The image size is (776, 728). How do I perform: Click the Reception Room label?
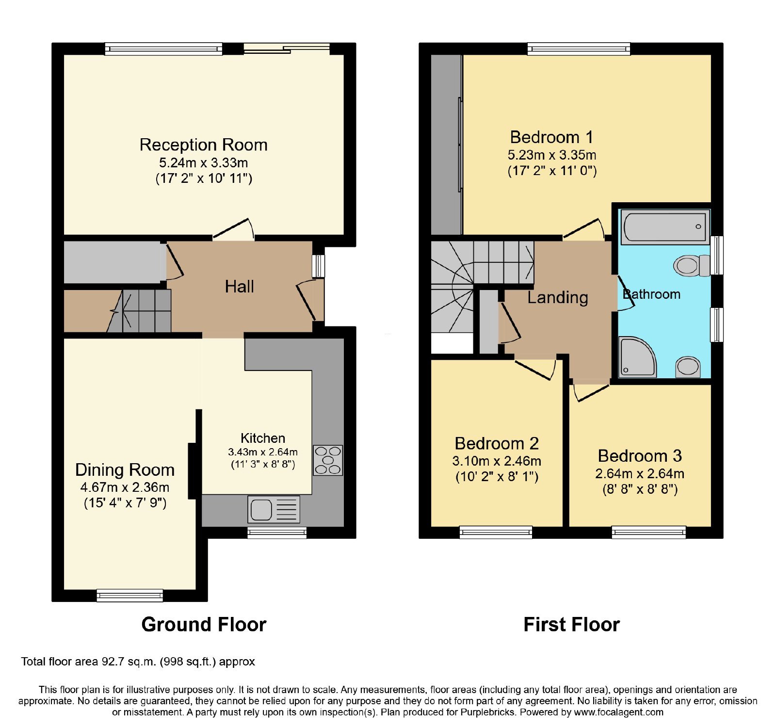coord(204,145)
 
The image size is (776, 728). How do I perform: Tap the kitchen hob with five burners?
coord(328,460)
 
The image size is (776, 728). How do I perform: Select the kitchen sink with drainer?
coord(274,509)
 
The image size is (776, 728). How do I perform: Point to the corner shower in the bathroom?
coord(637,357)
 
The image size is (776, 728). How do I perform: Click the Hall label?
coord(240,287)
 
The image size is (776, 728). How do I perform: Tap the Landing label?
coord(558,297)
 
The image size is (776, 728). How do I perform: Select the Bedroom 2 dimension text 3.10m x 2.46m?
coord(497,461)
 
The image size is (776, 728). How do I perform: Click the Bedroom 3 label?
coord(640,456)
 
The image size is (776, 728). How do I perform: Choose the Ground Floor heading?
coord(204,624)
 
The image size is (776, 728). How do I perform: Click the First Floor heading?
coord(572,624)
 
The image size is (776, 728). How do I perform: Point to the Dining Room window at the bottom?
coord(130,595)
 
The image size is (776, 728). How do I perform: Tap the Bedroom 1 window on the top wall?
coord(579,49)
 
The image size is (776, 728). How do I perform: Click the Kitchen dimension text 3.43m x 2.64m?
coord(263,452)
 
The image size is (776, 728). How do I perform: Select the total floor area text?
coord(138,662)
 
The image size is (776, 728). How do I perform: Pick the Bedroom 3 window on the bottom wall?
coord(649,532)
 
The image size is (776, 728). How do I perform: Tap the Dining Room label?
coord(125,469)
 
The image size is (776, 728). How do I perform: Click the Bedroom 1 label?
coord(551,137)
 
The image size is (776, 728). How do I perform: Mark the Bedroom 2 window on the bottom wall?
coord(496,532)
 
